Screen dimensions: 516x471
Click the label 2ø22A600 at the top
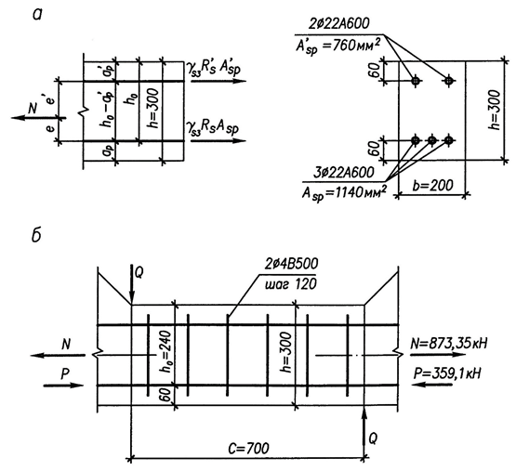[x=339, y=23]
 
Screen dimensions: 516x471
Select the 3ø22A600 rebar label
[x=344, y=173]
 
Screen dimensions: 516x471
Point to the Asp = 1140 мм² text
[x=344, y=193]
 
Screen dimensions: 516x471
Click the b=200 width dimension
[x=432, y=186]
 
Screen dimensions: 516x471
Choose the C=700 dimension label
[x=248, y=448]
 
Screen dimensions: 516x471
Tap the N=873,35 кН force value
[x=449, y=344]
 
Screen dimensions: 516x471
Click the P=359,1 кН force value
[x=446, y=373]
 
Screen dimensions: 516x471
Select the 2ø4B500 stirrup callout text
[x=292, y=264]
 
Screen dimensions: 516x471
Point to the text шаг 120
[x=290, y=283]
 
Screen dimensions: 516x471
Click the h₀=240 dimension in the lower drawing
[x=165, y=351]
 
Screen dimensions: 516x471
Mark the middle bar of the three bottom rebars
[x=432, y=140]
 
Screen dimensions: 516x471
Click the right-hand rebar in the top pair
[x=448, y=80]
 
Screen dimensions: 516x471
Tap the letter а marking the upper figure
[x=37, y=15]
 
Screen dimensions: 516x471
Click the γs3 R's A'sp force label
[x=213, y=69]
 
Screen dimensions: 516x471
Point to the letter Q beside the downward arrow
[x=139, y=273]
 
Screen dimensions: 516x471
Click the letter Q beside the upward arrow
[x=373, y=438]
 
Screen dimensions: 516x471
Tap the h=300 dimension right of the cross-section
[x=495, y=110]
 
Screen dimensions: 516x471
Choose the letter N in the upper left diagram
[x=33, y=108]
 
